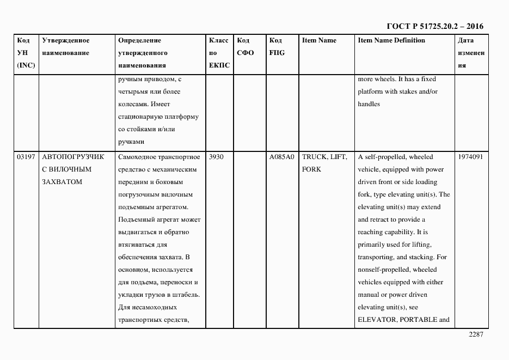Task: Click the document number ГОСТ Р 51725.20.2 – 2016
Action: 434,26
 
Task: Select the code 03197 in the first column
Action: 26,157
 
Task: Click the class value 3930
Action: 216,157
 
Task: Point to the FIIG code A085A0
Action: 281,157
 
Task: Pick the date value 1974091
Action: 470,157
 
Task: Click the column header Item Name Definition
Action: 391,40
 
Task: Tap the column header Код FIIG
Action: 277,47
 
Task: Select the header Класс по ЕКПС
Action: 219,53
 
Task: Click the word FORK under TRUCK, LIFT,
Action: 311,169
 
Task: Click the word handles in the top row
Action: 369,104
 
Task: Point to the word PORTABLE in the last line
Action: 418,320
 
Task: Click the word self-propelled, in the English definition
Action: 385,157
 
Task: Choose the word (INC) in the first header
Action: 26,65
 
